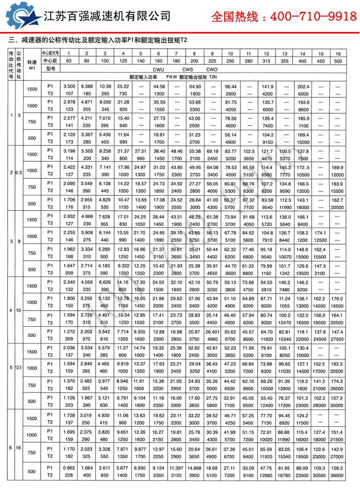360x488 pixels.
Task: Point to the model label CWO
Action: click(212, 69)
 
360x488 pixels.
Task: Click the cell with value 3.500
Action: click(69, 86)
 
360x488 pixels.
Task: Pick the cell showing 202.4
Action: click(302, 86)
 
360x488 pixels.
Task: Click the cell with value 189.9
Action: click(337, 168)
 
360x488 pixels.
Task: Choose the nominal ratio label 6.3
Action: click(20, 172)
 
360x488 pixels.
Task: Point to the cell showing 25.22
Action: click(123, 86)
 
